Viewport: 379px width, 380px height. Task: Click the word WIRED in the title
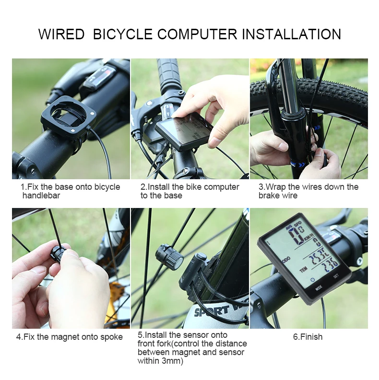tap(61, 34)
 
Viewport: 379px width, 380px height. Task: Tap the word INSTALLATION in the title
tap(291, 34)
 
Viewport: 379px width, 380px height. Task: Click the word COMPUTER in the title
tap(197, 34)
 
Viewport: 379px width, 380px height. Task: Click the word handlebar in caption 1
tap(41, 196)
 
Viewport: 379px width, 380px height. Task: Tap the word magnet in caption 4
tap(65, 337)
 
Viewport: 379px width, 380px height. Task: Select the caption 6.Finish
tap(308, 337)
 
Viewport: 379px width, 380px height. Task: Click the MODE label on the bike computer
tap(319, 288)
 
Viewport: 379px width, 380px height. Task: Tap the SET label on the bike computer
tap(336, 276)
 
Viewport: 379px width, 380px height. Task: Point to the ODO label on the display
tap(286, 260)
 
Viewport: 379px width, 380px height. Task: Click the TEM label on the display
tap(303, 269)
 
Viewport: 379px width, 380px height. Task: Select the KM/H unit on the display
tap(309, 237)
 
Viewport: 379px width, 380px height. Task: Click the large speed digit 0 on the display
tap(296, 235)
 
